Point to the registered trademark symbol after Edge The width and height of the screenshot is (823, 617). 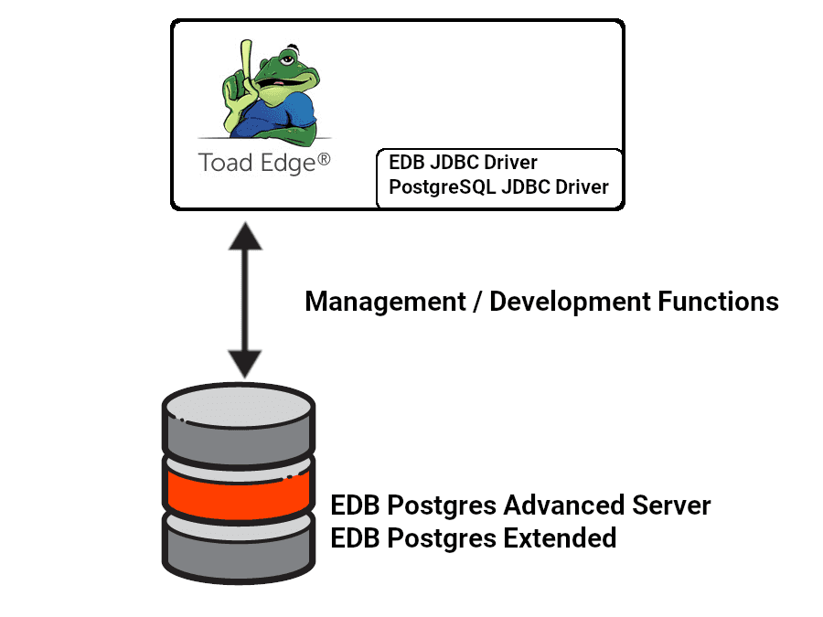[x=323, y=159]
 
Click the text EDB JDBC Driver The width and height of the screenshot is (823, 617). [x=463, y=163]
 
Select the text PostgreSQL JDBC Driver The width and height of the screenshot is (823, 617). [x=498, y=187]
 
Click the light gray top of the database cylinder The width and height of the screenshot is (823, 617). [x=238, y=401]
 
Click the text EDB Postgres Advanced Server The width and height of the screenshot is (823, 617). [x=520, y=505]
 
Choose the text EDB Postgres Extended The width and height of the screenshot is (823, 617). [x=473, y=537]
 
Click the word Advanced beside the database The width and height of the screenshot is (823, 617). [x=564, y=505]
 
